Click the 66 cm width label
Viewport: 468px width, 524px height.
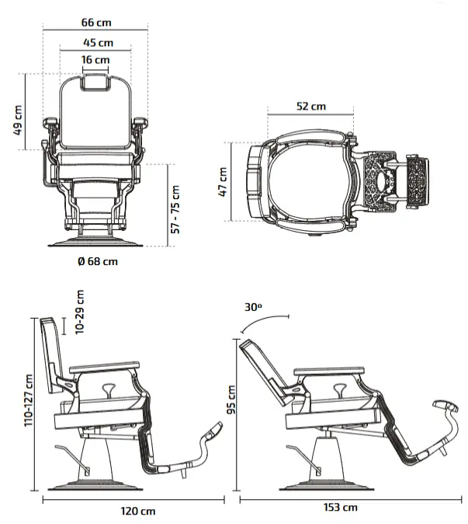click(96, 23)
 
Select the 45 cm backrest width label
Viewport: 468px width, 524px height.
click(98, 43)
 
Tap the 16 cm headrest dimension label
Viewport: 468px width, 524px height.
click(95, 60)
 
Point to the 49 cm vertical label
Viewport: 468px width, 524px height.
click(18, 121)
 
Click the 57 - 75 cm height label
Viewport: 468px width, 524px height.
click(175, 210)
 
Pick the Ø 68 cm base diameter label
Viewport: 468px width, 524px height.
click(98, 261)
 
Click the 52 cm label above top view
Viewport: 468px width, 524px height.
click(311, 107)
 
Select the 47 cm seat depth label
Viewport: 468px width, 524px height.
click(222, 182)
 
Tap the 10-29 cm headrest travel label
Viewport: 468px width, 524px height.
click(80, 312)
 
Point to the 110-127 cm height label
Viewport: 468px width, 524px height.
click(29, 400)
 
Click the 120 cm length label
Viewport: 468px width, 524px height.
click(138, 511)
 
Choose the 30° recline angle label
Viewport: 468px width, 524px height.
click(253, 307)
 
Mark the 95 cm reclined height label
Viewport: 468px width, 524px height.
click(231, 400)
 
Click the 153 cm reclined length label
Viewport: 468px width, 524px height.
click(341, 508)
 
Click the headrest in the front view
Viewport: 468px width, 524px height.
click(95, 82)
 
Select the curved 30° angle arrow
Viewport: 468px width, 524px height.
click(265, 321)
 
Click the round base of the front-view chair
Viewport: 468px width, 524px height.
click(95, 243)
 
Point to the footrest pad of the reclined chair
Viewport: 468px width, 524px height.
click(445, 405)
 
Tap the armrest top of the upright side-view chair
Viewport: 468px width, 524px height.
click(105, 367)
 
